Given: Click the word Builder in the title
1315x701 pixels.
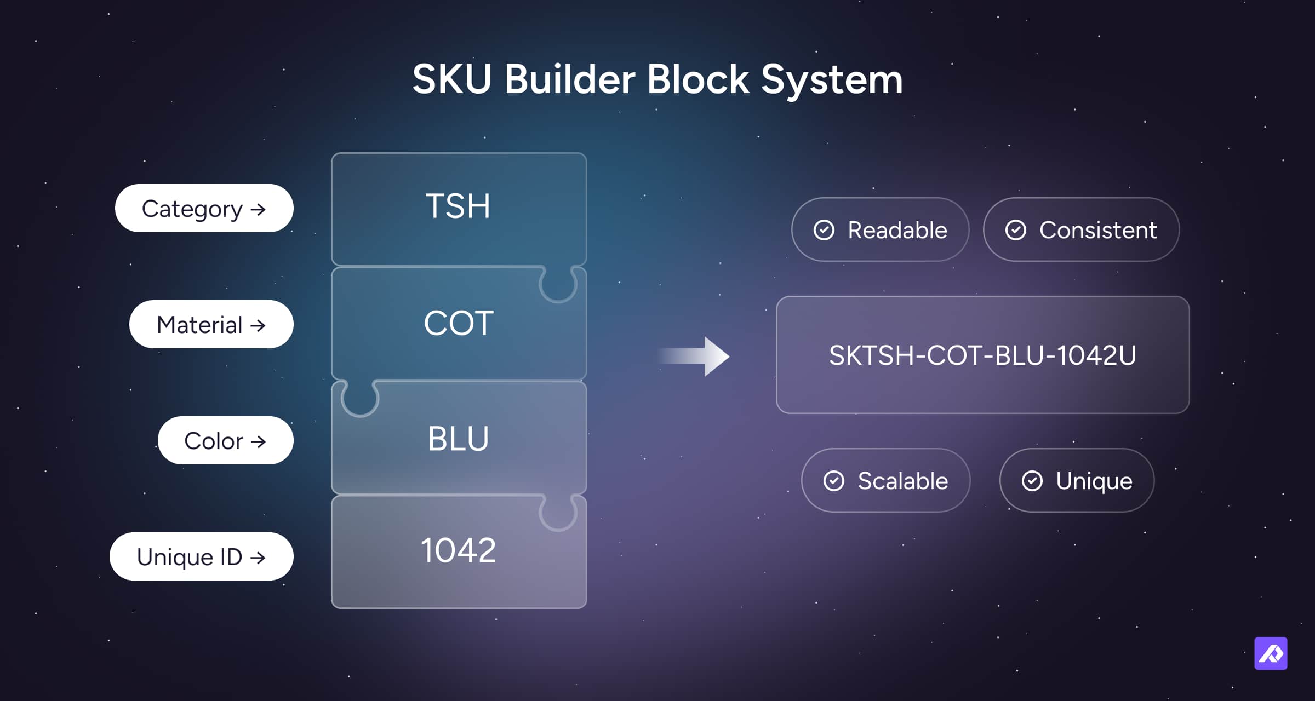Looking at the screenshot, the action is (570, 79).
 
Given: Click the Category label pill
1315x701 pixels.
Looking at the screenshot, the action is (204, 208).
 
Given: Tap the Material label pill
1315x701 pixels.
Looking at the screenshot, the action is (211, 324).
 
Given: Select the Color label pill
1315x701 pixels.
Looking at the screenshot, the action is (226, 440).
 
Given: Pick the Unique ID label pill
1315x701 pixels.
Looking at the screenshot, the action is (202, 556).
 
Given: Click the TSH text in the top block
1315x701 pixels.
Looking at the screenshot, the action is (458, 206).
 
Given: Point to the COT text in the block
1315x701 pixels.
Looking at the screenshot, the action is (459, 323).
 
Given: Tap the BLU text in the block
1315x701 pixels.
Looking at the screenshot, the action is (459, 439).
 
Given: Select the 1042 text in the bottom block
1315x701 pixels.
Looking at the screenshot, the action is (459, 550).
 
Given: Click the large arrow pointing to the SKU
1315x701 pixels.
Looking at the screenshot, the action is (694, 357).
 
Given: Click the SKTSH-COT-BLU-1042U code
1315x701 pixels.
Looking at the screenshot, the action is (982, 355).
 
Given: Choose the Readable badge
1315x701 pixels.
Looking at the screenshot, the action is (881, 229).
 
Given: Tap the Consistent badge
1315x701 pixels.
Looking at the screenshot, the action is (1082, 229).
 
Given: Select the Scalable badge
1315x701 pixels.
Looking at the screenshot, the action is (886, 480).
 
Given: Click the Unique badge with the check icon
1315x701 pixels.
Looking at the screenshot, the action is (1077, 480).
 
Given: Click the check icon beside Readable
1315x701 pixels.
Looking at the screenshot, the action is (824, 230).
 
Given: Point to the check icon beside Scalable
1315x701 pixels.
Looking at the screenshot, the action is (834, 481).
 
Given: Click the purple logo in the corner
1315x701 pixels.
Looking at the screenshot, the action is (1271, 653).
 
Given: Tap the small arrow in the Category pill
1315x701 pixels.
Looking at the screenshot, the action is (258, 209).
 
